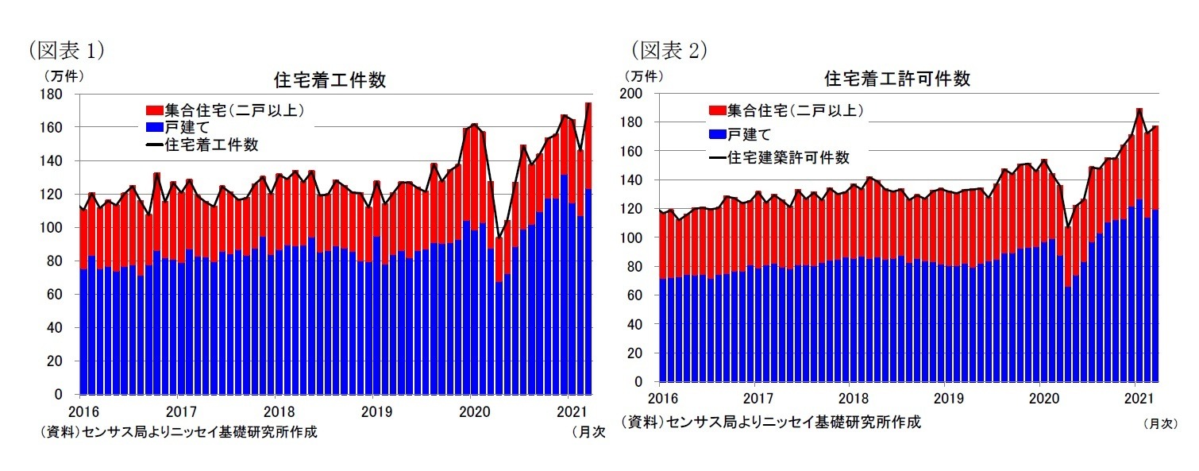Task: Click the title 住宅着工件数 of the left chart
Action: point(330,80)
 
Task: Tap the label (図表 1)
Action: point(67,51)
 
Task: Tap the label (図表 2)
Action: point(669,51)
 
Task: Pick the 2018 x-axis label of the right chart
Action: point(854,397)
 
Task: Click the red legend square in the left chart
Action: point(153,110)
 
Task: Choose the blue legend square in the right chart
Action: point(717,134)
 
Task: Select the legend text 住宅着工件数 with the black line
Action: point(211,145)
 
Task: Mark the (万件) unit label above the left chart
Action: point(62,76)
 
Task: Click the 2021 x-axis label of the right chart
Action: point(1140,397)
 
